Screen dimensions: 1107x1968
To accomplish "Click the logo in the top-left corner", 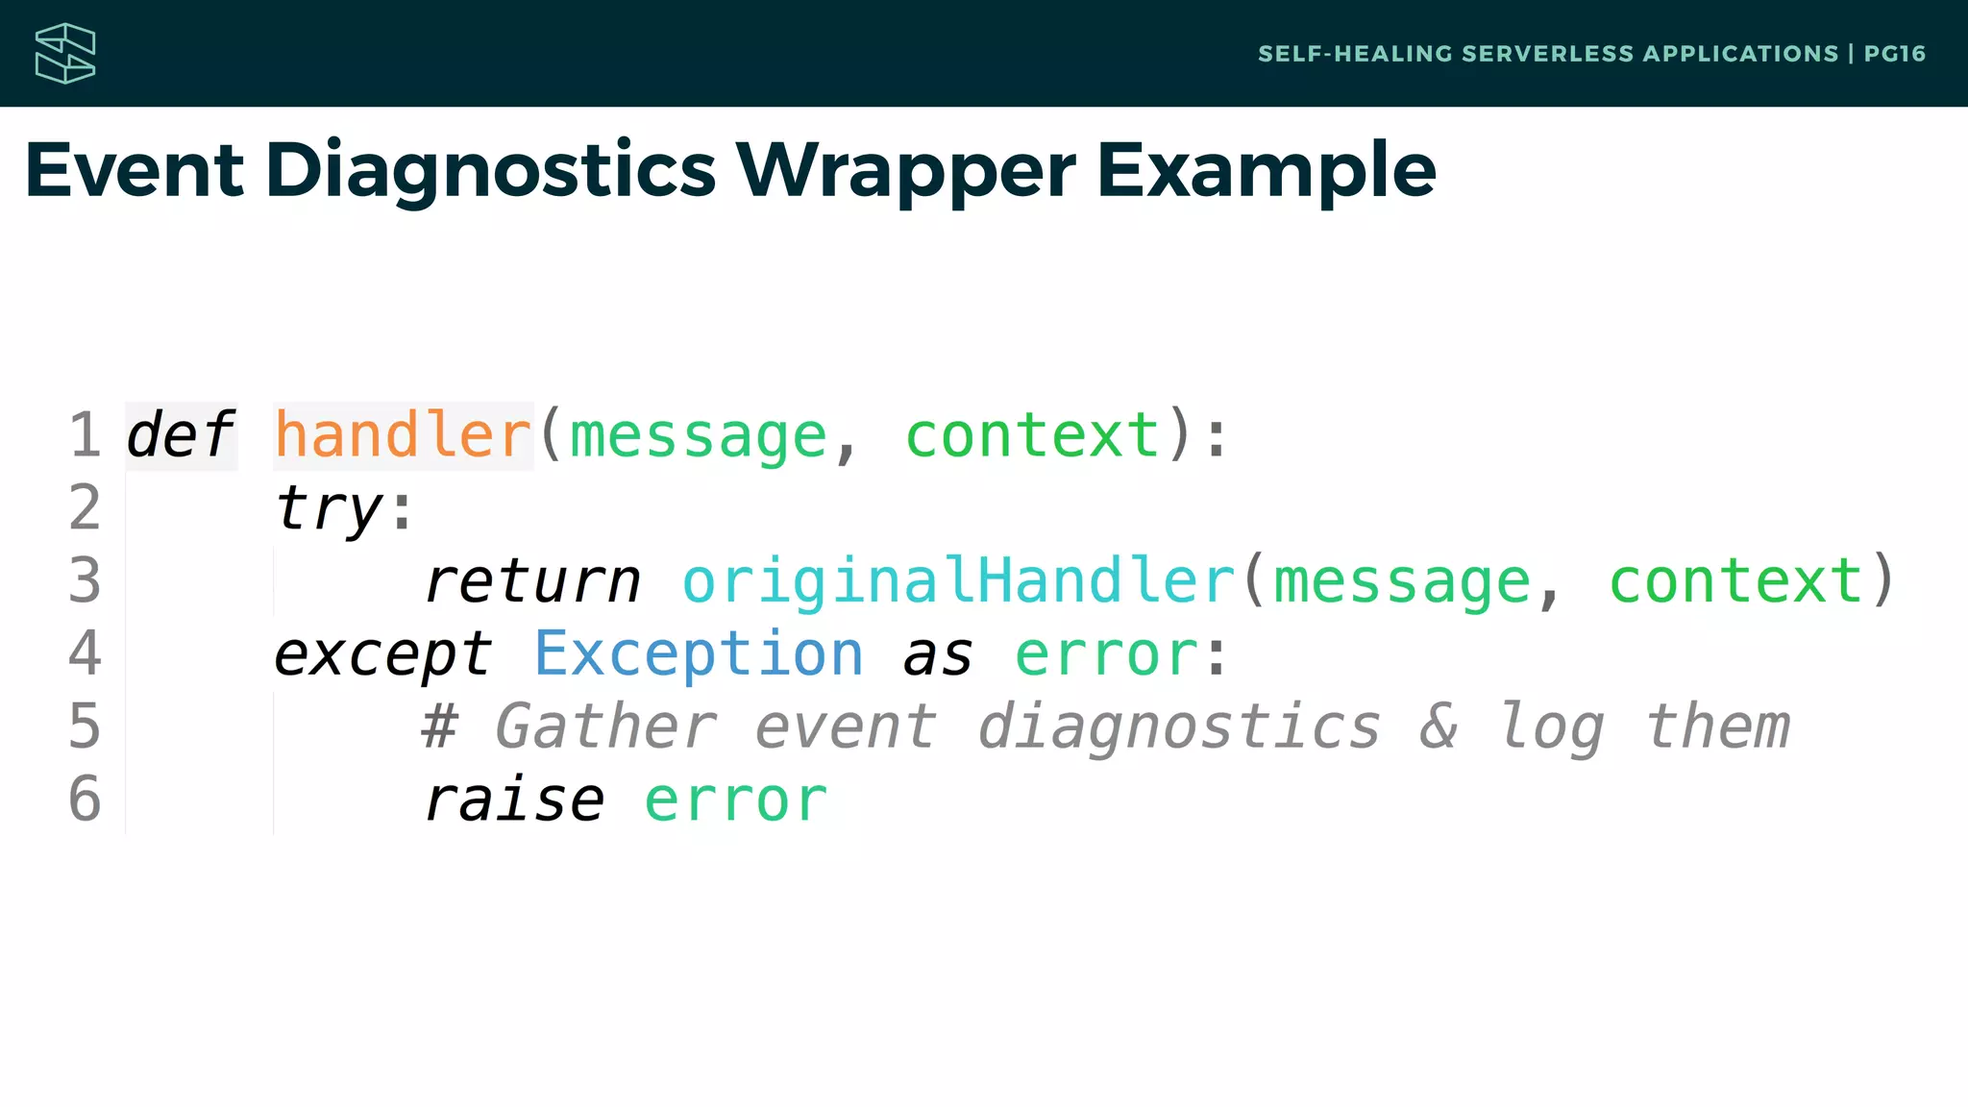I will point(65,54).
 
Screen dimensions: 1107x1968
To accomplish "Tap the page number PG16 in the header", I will point(1894,54).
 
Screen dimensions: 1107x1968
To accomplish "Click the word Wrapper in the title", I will point(905,170).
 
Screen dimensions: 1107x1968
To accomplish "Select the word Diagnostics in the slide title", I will point(490,170).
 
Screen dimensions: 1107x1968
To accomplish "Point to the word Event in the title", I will point(135,170).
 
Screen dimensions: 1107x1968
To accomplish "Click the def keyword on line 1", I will point(180,435).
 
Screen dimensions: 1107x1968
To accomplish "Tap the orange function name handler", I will point(403,435).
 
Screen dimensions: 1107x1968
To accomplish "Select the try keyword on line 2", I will point(329,509).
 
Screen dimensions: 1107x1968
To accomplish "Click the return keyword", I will point(532,582).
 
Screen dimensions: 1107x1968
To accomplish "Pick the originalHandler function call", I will point(958,582).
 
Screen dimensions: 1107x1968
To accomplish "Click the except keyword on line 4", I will point(382,655).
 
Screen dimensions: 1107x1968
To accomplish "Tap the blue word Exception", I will point(699,655).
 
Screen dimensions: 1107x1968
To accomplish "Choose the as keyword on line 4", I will point(938,655).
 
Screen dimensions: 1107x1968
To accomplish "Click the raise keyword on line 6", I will point(514,800).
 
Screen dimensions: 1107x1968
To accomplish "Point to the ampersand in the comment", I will point(1439,726).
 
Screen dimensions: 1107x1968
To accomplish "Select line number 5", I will point(85,726).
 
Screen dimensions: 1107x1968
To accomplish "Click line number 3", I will point(85,582).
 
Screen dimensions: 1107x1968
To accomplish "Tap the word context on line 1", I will point(1033,435).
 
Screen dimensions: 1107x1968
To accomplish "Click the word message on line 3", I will point(1401,582).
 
